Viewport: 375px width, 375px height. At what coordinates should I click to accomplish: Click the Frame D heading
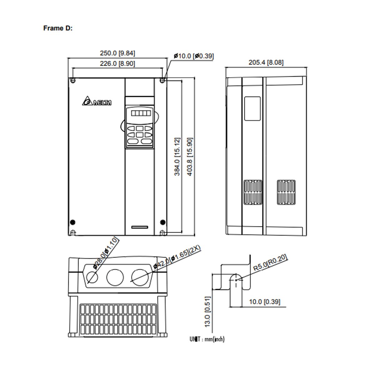tap(58, 28)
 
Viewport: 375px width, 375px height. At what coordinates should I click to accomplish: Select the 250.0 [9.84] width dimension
tap(117, 53)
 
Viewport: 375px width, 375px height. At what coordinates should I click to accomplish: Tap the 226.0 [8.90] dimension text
tap(117, 63)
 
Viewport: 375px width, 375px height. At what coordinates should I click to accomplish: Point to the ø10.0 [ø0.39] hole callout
tap(193, 56)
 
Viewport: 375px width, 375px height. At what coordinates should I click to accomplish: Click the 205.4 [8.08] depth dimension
tap(266, 62)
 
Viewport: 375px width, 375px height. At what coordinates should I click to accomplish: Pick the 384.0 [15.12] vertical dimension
tap(177, 156)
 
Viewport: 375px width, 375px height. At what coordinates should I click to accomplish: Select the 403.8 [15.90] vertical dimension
tap(189, 156)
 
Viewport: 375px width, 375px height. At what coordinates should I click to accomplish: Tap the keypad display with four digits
tap(140, 113)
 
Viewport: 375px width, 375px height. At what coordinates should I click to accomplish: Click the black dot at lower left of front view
tap(72, 222)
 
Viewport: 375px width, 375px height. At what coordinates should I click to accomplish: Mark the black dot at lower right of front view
tap(162, 222)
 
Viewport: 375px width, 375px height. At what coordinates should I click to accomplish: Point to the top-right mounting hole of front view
tap(162, 80)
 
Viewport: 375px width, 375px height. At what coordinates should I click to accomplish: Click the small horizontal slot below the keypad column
tap(140, 226)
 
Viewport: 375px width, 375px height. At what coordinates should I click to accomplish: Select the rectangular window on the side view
tap(252, 108)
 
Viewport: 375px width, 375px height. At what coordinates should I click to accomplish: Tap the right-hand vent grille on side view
tap(286, 192)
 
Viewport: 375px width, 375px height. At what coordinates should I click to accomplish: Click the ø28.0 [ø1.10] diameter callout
tap(106, 253)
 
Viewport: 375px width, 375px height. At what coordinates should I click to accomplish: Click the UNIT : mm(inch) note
tap(207, 339)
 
